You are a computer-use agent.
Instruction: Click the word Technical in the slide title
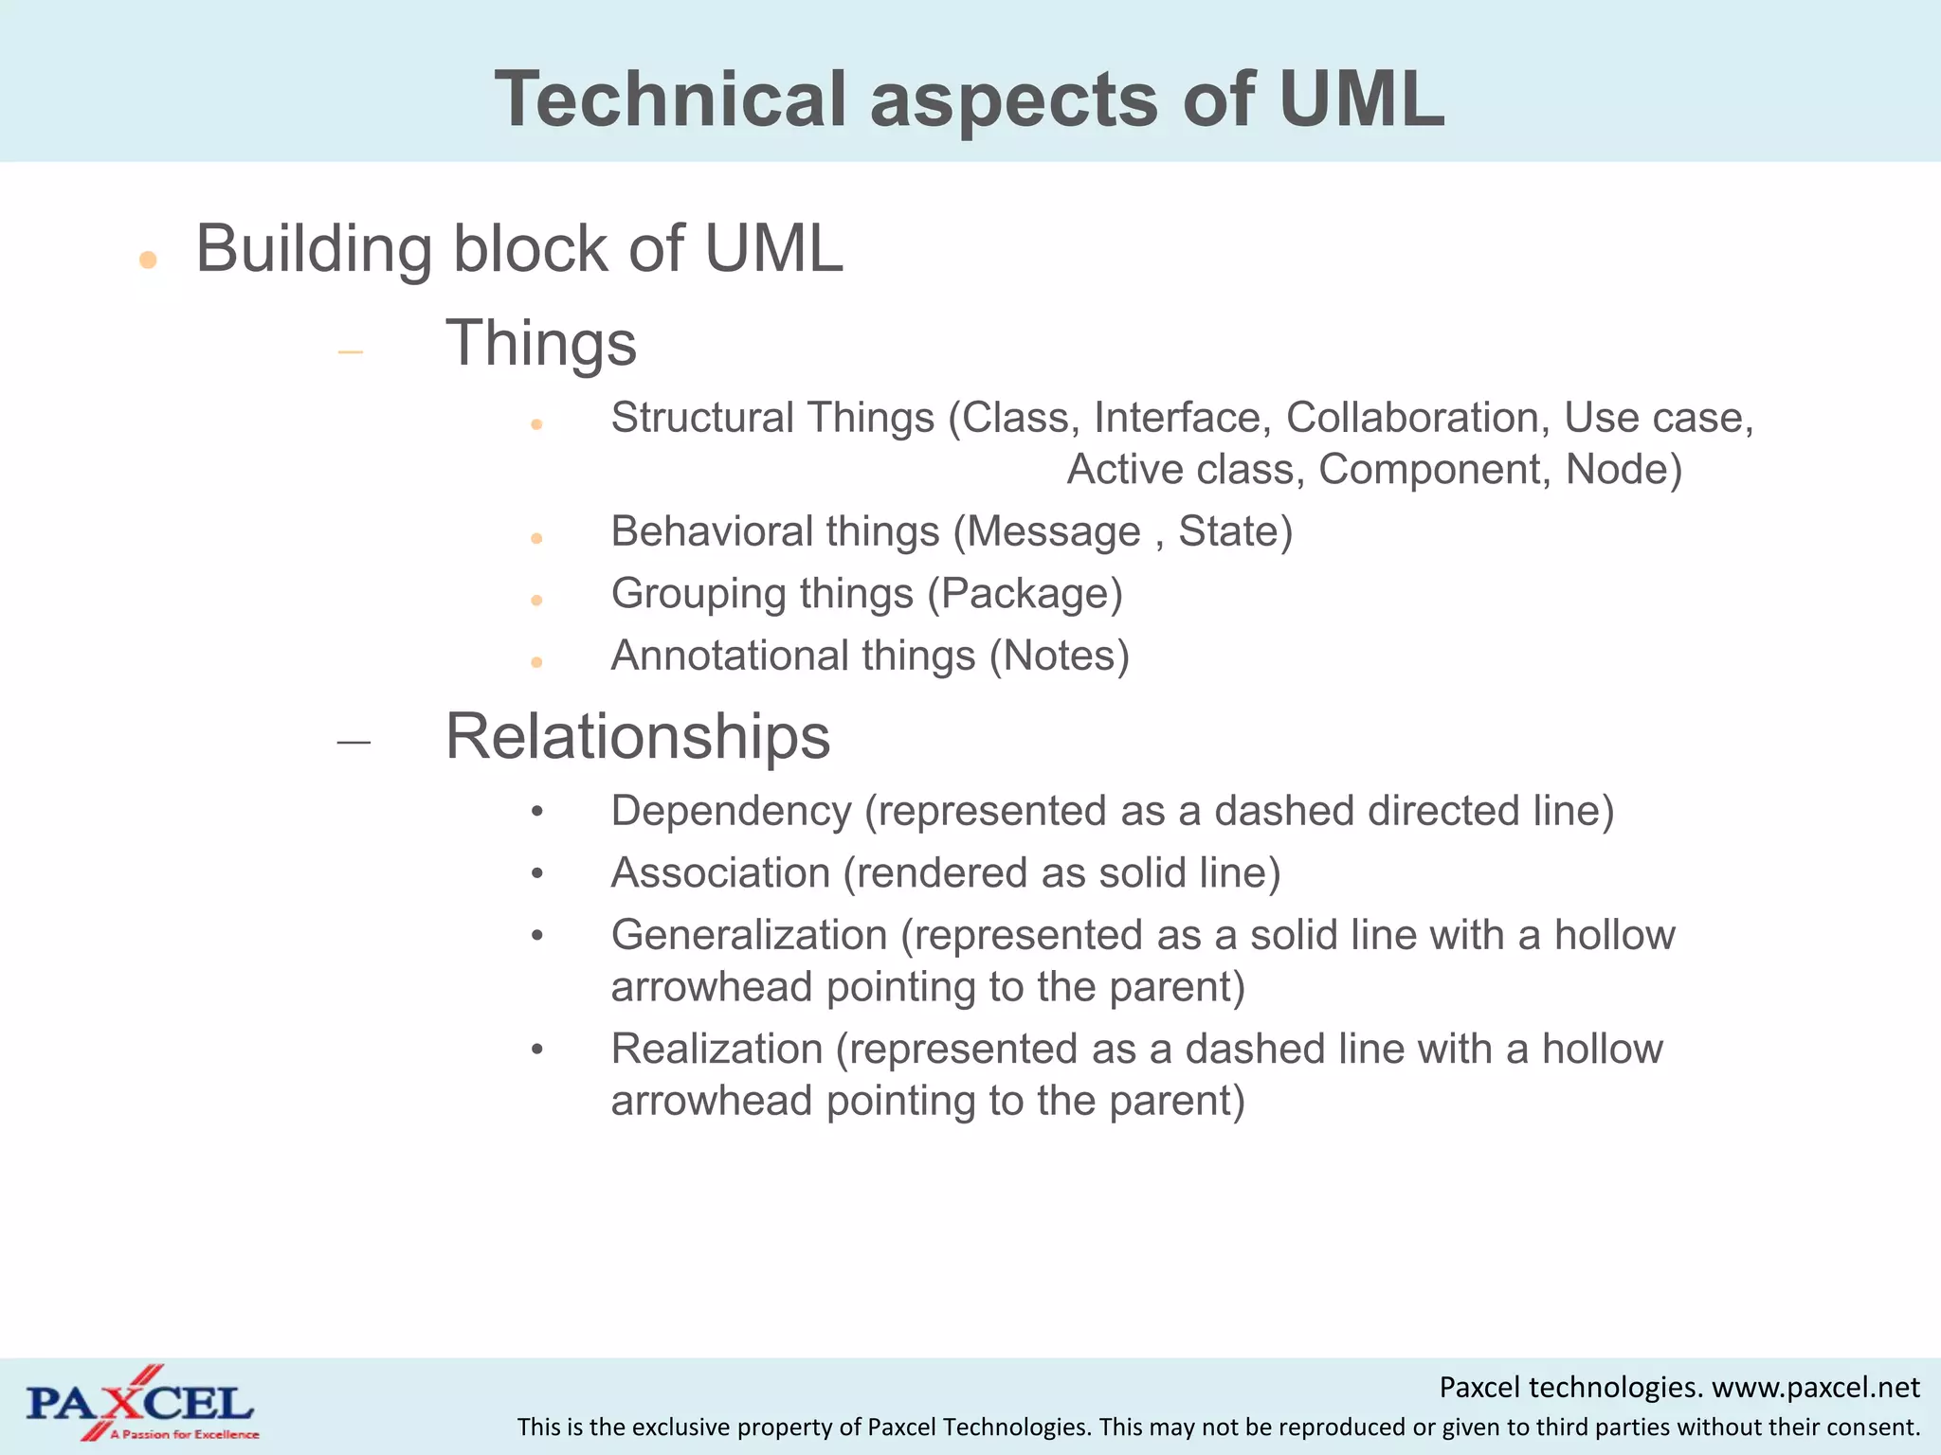669,99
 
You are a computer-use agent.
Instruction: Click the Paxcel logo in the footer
140,1404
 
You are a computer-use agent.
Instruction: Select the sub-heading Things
541,343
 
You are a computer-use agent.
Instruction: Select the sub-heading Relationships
638,737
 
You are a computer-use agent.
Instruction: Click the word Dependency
731,812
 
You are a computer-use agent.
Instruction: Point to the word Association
720,873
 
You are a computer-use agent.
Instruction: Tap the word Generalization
749,936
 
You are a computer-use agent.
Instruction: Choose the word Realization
717,1050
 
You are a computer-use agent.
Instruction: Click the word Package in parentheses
1025,594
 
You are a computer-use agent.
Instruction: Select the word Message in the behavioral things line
1053,531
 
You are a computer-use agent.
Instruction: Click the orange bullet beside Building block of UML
147,260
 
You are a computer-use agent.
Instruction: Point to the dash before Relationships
354,743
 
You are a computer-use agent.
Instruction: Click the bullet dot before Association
537,874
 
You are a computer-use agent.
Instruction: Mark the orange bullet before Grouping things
536,600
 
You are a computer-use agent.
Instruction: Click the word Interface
1181,418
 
